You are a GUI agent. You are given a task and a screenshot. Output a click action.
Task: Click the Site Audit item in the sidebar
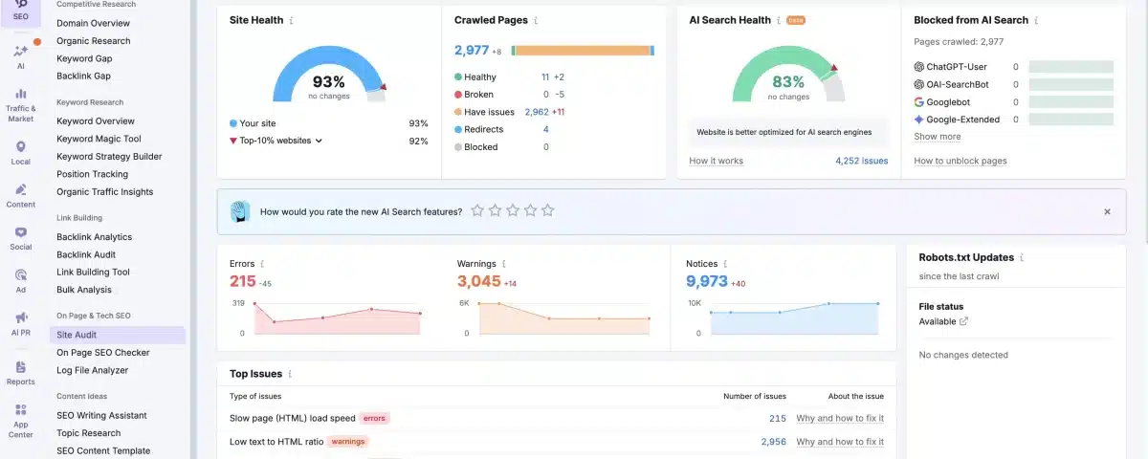coord(77,335)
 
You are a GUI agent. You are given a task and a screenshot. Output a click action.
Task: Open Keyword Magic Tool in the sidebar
coord(99,139)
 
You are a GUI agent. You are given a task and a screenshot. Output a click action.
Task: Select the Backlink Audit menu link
coord(86,254)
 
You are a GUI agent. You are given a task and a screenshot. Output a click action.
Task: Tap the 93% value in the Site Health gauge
coord(328,83)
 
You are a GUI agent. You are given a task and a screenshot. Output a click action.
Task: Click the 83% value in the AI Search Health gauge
coord(788,83)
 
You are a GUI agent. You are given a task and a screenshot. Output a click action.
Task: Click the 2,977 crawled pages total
coord(472,50)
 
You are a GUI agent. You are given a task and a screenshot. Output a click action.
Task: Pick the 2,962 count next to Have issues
coord(537,112)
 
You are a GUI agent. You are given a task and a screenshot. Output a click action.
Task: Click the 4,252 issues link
coord(861,161)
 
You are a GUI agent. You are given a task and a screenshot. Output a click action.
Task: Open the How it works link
coord(716,161)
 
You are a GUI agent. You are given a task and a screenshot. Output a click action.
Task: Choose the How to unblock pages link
coord(960,161)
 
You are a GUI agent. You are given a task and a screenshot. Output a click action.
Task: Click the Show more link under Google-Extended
coord(937,137)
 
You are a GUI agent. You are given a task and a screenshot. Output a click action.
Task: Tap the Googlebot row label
coord(947,101)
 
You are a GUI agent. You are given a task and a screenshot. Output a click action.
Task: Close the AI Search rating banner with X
coord(1107,211)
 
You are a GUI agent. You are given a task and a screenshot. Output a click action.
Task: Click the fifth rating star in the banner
coord(547,210)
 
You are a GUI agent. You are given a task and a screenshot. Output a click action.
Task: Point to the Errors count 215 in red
coord(243,281)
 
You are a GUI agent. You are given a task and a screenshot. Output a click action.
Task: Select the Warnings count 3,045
coord(478,281)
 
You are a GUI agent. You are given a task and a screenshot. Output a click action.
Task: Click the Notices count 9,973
coord(706,281)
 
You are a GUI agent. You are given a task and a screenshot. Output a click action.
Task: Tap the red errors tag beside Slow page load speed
coord(375,418)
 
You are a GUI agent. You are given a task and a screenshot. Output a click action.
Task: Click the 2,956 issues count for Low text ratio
coord(773,442)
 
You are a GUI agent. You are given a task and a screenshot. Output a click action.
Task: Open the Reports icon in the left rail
coord(20,372)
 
